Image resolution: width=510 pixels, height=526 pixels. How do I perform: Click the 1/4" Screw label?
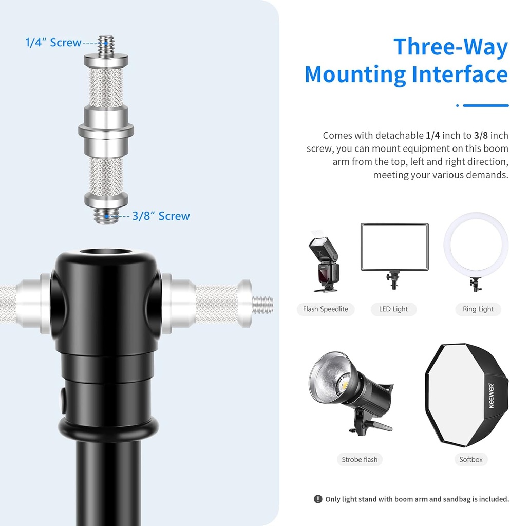point(53,43)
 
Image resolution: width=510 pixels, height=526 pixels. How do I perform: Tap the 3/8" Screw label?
point(161,216)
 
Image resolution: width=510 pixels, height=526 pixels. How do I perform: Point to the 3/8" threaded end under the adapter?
point(106,215)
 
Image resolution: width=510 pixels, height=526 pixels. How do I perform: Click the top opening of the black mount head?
point(106,252)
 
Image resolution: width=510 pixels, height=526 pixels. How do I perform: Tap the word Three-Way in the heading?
point(450,47)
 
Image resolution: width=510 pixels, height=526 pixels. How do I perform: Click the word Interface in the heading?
point(460,74)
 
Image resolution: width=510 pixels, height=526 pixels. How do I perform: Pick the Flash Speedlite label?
point(325,309)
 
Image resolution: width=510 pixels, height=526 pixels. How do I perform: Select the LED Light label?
point(393,309)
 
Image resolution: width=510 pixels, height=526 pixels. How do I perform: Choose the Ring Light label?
point(478,309)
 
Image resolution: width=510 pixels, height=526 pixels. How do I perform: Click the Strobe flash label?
point(360,459)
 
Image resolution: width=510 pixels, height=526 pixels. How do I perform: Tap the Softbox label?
point(471,459)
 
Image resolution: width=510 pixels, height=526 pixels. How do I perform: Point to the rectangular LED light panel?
point(394,247)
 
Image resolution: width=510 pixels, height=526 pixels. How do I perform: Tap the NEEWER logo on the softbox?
point(491,396)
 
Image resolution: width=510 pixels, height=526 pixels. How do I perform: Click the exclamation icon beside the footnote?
point(317,499)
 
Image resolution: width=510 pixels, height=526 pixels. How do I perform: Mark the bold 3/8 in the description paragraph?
point(481,135)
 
